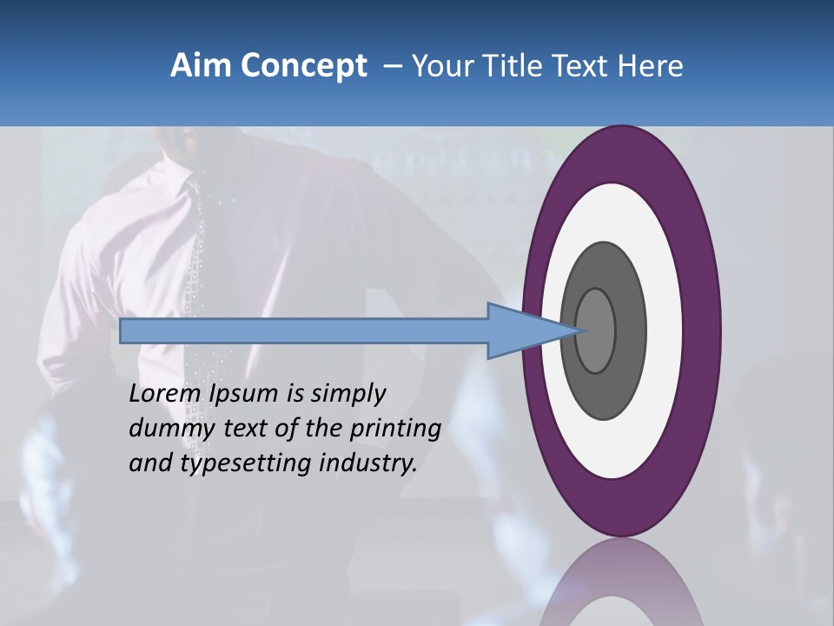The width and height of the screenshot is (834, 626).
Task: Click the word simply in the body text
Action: pos(347,394)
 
